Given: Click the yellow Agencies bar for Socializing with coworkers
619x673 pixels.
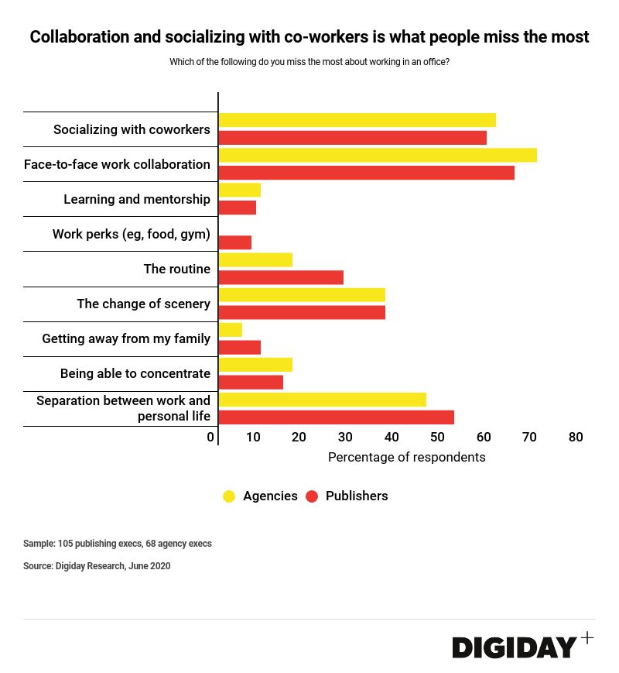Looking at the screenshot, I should (x=357, y=120).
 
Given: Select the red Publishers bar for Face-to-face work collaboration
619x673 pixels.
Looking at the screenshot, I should (x=366, y=173).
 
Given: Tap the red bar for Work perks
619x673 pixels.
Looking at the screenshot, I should (x=235, y=242).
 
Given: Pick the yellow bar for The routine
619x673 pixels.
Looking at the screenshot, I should (x=255, y=259).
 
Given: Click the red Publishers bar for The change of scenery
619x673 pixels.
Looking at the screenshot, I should (x=302, y=312).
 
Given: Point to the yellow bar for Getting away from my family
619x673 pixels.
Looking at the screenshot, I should (x=231, y=330).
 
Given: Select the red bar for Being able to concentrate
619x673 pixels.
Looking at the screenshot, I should (x=251, y=382).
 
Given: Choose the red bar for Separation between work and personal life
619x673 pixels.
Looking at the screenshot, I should (x=336, y=417).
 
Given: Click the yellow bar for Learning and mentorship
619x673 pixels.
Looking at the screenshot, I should (x=240, y=190).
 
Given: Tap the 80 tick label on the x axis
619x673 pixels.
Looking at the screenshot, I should (x=575, y=438).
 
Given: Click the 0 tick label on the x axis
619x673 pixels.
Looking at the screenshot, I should (x=210, y=438).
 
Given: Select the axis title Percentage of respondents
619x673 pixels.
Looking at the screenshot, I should (x=406, y=457).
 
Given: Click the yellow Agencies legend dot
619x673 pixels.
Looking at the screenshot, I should (x=229, y=496).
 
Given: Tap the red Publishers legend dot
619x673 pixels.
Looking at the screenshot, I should (x=312, y=496).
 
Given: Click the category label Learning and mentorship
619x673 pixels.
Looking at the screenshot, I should (x=136, y=199).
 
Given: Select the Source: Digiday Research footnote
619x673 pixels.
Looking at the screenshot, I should (x=97, y=566).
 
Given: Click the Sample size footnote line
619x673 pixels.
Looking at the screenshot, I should (x=117, y=544).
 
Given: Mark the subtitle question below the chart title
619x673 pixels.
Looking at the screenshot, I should (x=309, y=62).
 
